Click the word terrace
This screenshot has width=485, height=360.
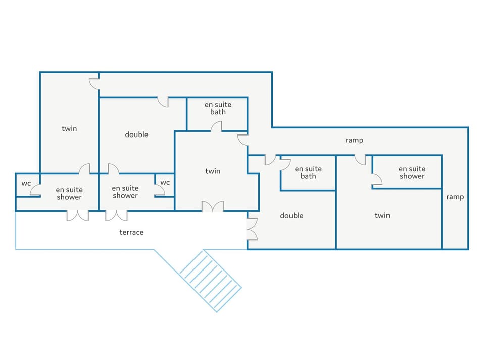(131, 232)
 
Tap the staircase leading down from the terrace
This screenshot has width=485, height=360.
(210, 281)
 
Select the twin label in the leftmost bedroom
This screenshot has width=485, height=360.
(69, 128)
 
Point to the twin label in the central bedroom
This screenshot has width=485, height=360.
(213, 171)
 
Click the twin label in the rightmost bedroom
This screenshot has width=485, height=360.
(382, 215)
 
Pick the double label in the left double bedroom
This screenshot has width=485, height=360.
(136, 134)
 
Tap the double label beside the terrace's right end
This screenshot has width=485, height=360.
(292, 216)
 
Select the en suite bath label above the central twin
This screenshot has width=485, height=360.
(218, 108)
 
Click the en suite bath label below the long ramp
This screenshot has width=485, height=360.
(308, 173)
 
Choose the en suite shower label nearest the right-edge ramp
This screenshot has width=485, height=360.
(412, 173)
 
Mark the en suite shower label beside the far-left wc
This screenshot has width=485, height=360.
(69, 194)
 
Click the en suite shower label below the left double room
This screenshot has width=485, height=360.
(125, 192)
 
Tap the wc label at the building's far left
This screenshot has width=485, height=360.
(26, 183)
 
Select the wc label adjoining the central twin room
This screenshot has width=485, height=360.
(165, 183)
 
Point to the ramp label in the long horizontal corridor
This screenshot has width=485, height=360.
(355, 140)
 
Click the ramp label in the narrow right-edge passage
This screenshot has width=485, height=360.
(455, 197)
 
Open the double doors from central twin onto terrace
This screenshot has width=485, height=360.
(213, 207)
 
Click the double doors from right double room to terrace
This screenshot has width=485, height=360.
(252, 229)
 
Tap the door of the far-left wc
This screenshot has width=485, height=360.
(35, 190)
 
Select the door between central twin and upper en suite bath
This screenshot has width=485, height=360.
(216, 126)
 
